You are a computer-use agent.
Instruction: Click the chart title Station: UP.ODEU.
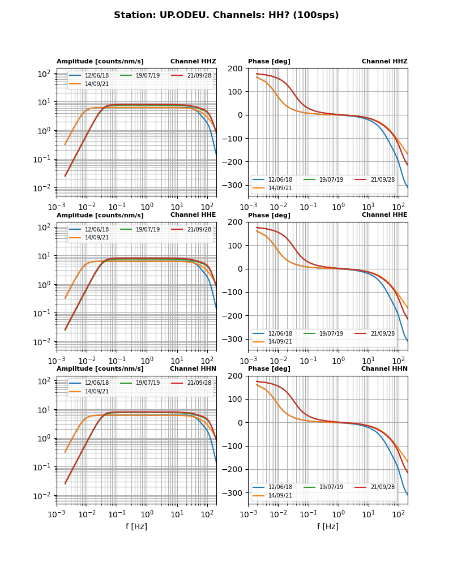click(x=226, y=15)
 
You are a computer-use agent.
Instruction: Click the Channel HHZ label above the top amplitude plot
click(x=193, y=62)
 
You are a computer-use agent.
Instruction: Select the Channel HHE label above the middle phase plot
click(x=384, y=215)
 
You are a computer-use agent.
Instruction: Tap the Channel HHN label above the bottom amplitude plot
click(x=193, y=369)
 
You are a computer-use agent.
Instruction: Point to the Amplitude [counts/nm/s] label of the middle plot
click(x=100, y=216)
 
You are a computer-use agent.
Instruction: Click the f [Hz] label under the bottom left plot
click(x=136, y=526)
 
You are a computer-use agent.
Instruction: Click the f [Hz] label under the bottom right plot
click(x=328, y=526)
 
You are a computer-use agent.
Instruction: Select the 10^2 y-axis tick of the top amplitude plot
click(x=45, y=74)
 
